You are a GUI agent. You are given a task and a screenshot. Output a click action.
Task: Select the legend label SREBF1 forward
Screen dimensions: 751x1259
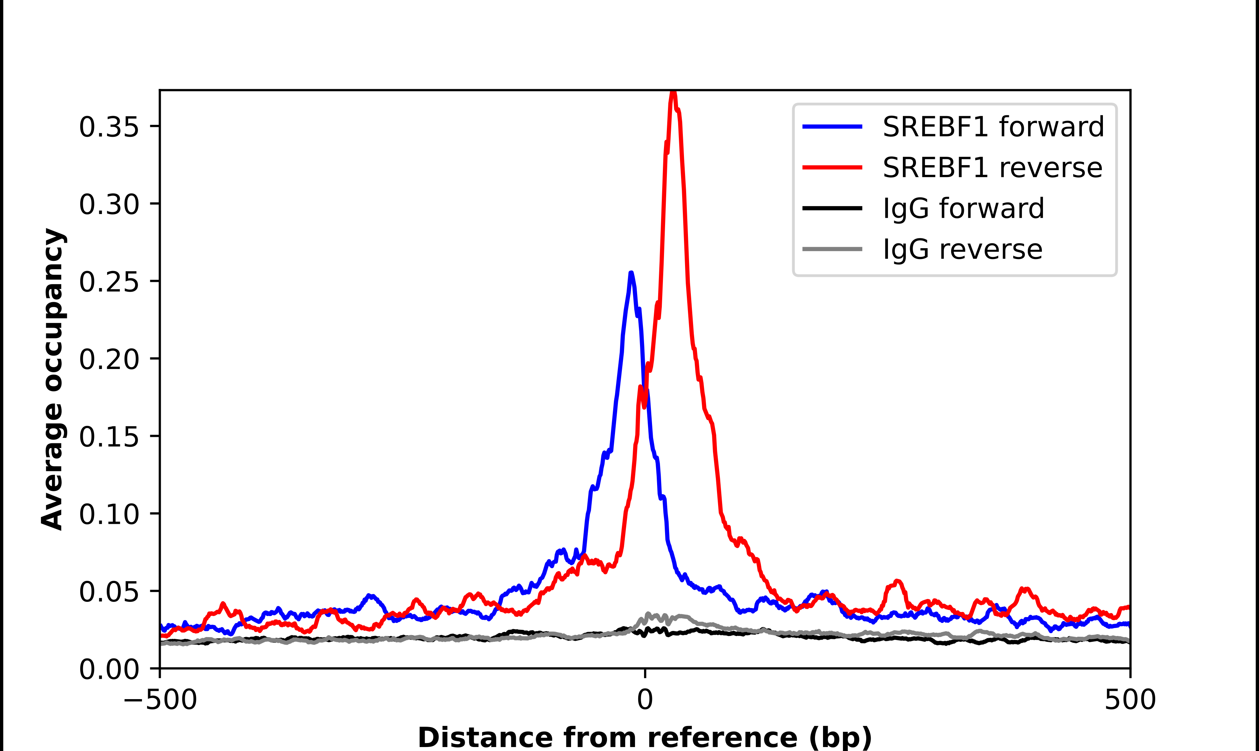(x=993, y=127)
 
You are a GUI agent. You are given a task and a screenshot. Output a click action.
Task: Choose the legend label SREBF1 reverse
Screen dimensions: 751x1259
(x=992, y=168)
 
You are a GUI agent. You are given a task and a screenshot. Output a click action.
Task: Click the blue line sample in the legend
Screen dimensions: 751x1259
(x=832, y=127)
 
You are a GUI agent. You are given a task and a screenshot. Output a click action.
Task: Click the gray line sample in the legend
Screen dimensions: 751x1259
(x=832, y=249)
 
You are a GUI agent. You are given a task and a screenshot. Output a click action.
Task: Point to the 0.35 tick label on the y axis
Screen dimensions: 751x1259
(x=109, y=127)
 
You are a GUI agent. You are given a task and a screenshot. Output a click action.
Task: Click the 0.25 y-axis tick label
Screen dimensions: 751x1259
(x=109, y=282)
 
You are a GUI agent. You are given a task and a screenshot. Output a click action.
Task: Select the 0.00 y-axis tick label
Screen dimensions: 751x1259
(x=109, y=669)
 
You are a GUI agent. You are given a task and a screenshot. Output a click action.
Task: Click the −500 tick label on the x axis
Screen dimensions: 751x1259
(x=160, y=700)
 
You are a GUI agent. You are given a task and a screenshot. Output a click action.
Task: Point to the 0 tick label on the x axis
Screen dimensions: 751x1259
(x=645, y=700)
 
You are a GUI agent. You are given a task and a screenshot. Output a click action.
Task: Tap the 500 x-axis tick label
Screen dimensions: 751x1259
(x=1130, y=700)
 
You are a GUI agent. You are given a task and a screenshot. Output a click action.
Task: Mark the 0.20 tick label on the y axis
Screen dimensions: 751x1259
(x=109, y=359)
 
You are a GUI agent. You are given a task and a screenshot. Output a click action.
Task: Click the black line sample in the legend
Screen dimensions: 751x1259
(x=832, y=208)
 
